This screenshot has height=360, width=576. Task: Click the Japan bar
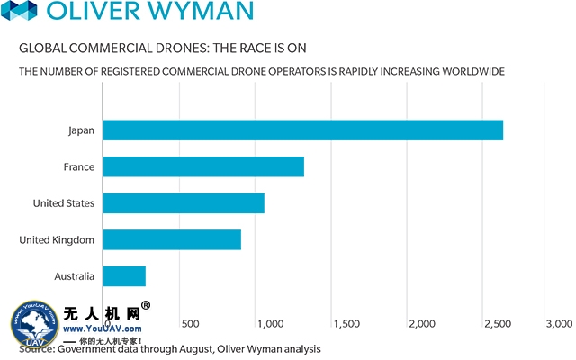pyautogui.click(x=302, y=130)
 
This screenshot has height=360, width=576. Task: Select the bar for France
pyautogui.click(x=203, y=166)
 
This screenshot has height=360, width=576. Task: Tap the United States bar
pyautogui.click(x=184, y=203)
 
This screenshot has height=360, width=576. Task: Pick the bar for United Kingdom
pyautogui.click(x=172, y=239)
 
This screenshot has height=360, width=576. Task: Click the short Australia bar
pyautogui.click(x=124, y=276)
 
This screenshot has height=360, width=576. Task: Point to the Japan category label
pyautogui.click(x=81, y=130)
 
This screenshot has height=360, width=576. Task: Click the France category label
pyautogui.click(x=79, y=166)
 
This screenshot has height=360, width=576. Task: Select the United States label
pyautogui.click(x=64, y=203)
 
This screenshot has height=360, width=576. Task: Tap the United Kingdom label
pyautogui.click(x=57, y=240)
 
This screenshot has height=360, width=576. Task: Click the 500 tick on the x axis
pyautogui.click(x=190, y=323)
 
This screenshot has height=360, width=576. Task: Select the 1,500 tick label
pyautogui.click(x=346, y=323)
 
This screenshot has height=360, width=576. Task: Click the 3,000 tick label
pyautogui.click(x=558, y=323)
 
